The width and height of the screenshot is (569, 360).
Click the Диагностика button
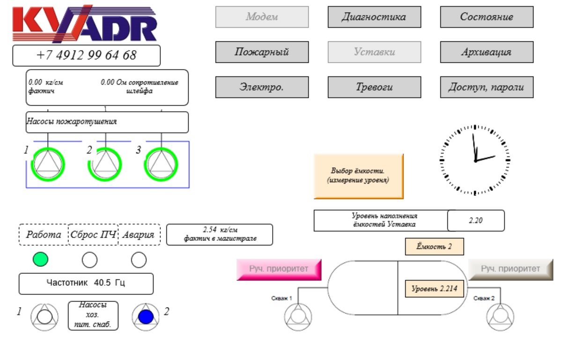pos(374,17)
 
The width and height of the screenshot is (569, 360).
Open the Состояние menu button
pos(487,17)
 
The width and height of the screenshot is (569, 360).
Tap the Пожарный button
pos(262,52)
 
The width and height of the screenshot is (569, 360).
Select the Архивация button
pos(487,52)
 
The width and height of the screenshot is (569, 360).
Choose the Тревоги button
pos(374,87)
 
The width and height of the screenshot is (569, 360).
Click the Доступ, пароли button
pos(487,87)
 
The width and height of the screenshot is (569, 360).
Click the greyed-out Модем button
pos(262,17)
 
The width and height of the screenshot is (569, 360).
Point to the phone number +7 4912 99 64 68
pos(86,55)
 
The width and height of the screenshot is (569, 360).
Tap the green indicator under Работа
pos(41,259)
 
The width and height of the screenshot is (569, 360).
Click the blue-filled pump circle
pos(146,316)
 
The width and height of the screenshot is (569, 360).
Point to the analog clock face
pos(475,160)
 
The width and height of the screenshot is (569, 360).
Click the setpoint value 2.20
pos(476,220)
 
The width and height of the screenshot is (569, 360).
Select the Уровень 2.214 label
pos(434,289)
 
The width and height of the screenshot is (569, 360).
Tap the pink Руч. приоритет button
pos(279,269)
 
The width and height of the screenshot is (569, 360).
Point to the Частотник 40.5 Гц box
pos(86,283)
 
